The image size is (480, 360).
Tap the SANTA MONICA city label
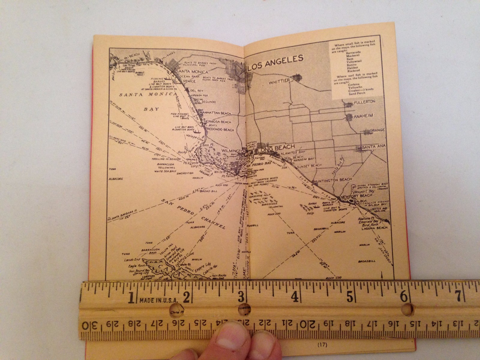tap(193, 72)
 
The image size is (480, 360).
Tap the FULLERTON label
tap(364, 102)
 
